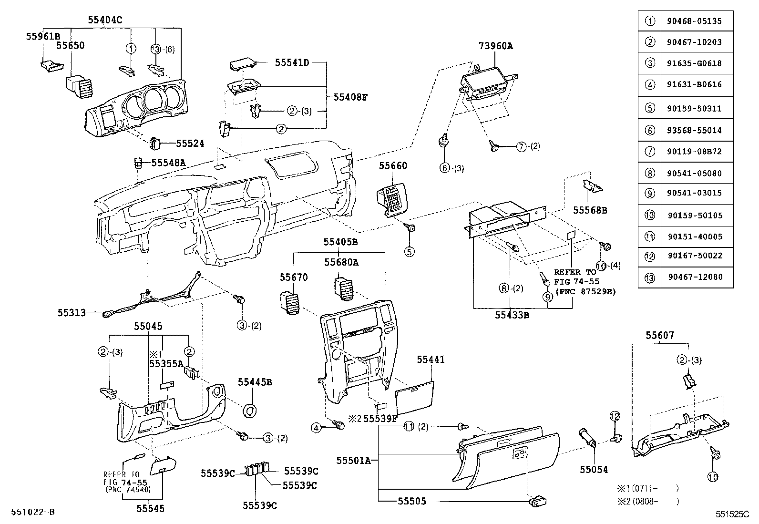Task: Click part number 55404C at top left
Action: pos(105,20)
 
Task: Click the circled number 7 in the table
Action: pos(650,152)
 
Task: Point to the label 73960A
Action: pos(496,46)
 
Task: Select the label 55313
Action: pos(72,313)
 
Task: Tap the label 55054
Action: pos(594,470)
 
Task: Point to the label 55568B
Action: pos(590,210)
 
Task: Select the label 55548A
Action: pos(168,163)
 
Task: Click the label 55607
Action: pos(660,336)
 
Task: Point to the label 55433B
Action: pos(512,315)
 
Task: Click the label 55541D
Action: pos(292,62)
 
